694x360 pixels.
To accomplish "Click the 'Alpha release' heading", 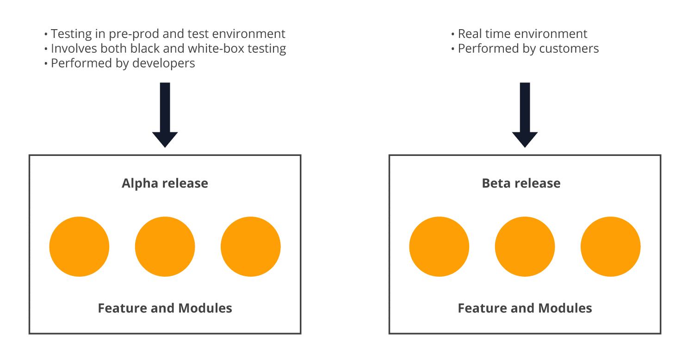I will pyautogui.click(x=165, y=183).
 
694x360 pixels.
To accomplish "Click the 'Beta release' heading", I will pyautogui.click(x=521, y=183).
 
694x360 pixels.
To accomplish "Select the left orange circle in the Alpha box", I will pyautogui.click(x=79, y=247).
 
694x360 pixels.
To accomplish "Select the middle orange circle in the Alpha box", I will pyautogui.click(x=165, y=247).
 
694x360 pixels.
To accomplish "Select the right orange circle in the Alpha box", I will pyautogui.click(x=250, y=247).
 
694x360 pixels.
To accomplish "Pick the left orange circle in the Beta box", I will pyautogui.click(x=439, y=247).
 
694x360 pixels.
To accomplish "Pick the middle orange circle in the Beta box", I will pyautogui.click(x=525, y=247).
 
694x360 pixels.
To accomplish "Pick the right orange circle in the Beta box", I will pyautogui.click(x=610, y=247).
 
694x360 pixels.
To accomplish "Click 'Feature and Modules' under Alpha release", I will pyautogui.click(x=165, y=308).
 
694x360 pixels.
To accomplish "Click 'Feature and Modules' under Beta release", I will pyautogui.click(x=525, y=308).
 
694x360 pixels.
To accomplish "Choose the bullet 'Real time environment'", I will pyautogui.click(x=522, y=34).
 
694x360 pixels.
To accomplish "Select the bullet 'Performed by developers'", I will pyautogui.click(x=123, y=63).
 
